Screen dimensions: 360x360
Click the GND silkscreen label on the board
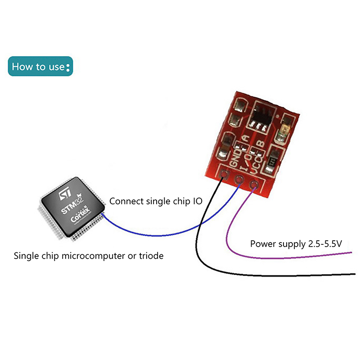[x=234, y=157]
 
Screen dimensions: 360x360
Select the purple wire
[x=279, y=257]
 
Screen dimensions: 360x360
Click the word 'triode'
[x=151, y=256]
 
